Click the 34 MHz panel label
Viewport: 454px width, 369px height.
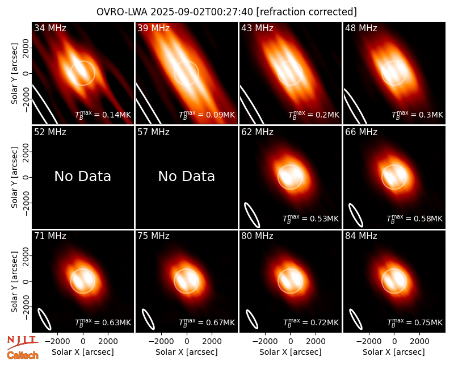pyautogui.click(x=50, y=28)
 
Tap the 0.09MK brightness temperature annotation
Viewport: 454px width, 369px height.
pyautogui.click(x=207, y=115)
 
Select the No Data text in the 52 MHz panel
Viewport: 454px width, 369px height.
pyautogui.click(x=82, y=176)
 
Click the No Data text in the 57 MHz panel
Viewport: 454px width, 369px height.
pyautogui.click(x=187, y=176)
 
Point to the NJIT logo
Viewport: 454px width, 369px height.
pyautogui.click(x=23, y=342)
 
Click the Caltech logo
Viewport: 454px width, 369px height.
pyautogui.click(x=23, y=355)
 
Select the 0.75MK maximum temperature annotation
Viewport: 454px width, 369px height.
pyautogui.click(x=415, y=322)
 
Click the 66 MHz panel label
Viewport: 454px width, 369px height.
pyautogui.click(x=361, y=132)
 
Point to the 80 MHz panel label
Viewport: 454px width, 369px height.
pyautogui.click(x=257, y=236)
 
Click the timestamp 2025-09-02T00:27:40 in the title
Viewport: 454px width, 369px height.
pyautogui.click(x=201, y=12)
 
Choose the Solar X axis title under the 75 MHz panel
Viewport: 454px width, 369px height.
pyautogui.click(x=187, y=352)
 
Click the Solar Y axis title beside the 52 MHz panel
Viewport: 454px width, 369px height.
pyautogui.click(x=15, y=177)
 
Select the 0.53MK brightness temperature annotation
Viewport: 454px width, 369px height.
pyautogui.click(x=310, y=219)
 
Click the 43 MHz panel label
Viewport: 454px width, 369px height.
pyautogui.click(x=257, y=28)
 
